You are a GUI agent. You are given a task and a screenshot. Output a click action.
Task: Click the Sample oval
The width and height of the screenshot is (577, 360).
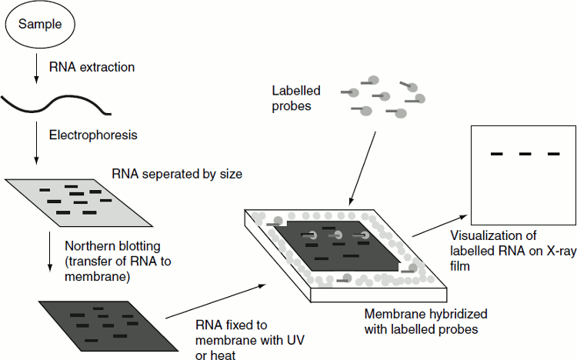click(x=38, y=26)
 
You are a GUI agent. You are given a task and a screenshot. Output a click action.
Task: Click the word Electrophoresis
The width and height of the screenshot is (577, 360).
click(x=93, y=135)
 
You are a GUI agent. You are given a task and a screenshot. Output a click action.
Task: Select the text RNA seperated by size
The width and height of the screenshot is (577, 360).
click(x=177, y=175)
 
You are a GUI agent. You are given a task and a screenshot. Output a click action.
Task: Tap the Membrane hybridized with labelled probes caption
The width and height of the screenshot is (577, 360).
click(x=425, y=322)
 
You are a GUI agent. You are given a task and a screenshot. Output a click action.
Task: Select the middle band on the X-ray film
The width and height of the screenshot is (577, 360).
click(x=525, y=155)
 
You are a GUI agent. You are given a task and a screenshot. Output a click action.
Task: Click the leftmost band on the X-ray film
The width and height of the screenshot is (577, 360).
click(x=497, y=155)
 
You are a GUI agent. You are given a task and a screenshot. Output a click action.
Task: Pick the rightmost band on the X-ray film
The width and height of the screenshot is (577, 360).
click(x=553, y=155)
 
